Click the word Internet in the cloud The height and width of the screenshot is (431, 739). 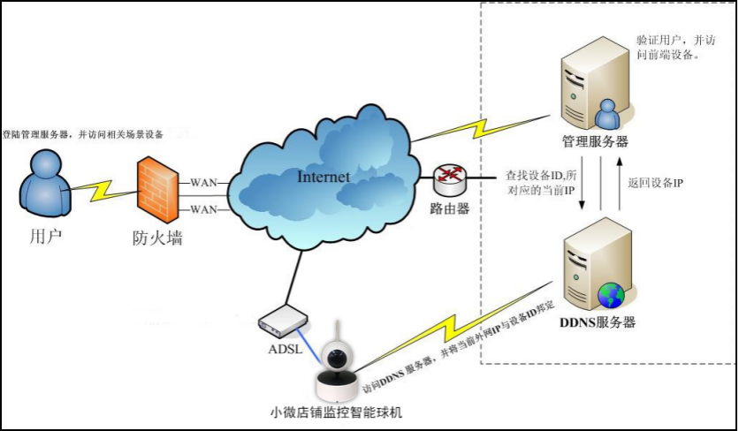[323, 177]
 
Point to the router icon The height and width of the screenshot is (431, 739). [449, 181]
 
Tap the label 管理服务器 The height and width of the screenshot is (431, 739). [596, 140]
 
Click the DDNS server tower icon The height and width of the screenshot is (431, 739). [597, 265]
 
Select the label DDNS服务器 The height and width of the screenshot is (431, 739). [598, 321]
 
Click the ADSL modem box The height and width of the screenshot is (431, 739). [282, 321]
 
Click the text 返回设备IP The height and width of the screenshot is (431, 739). [654, 183]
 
